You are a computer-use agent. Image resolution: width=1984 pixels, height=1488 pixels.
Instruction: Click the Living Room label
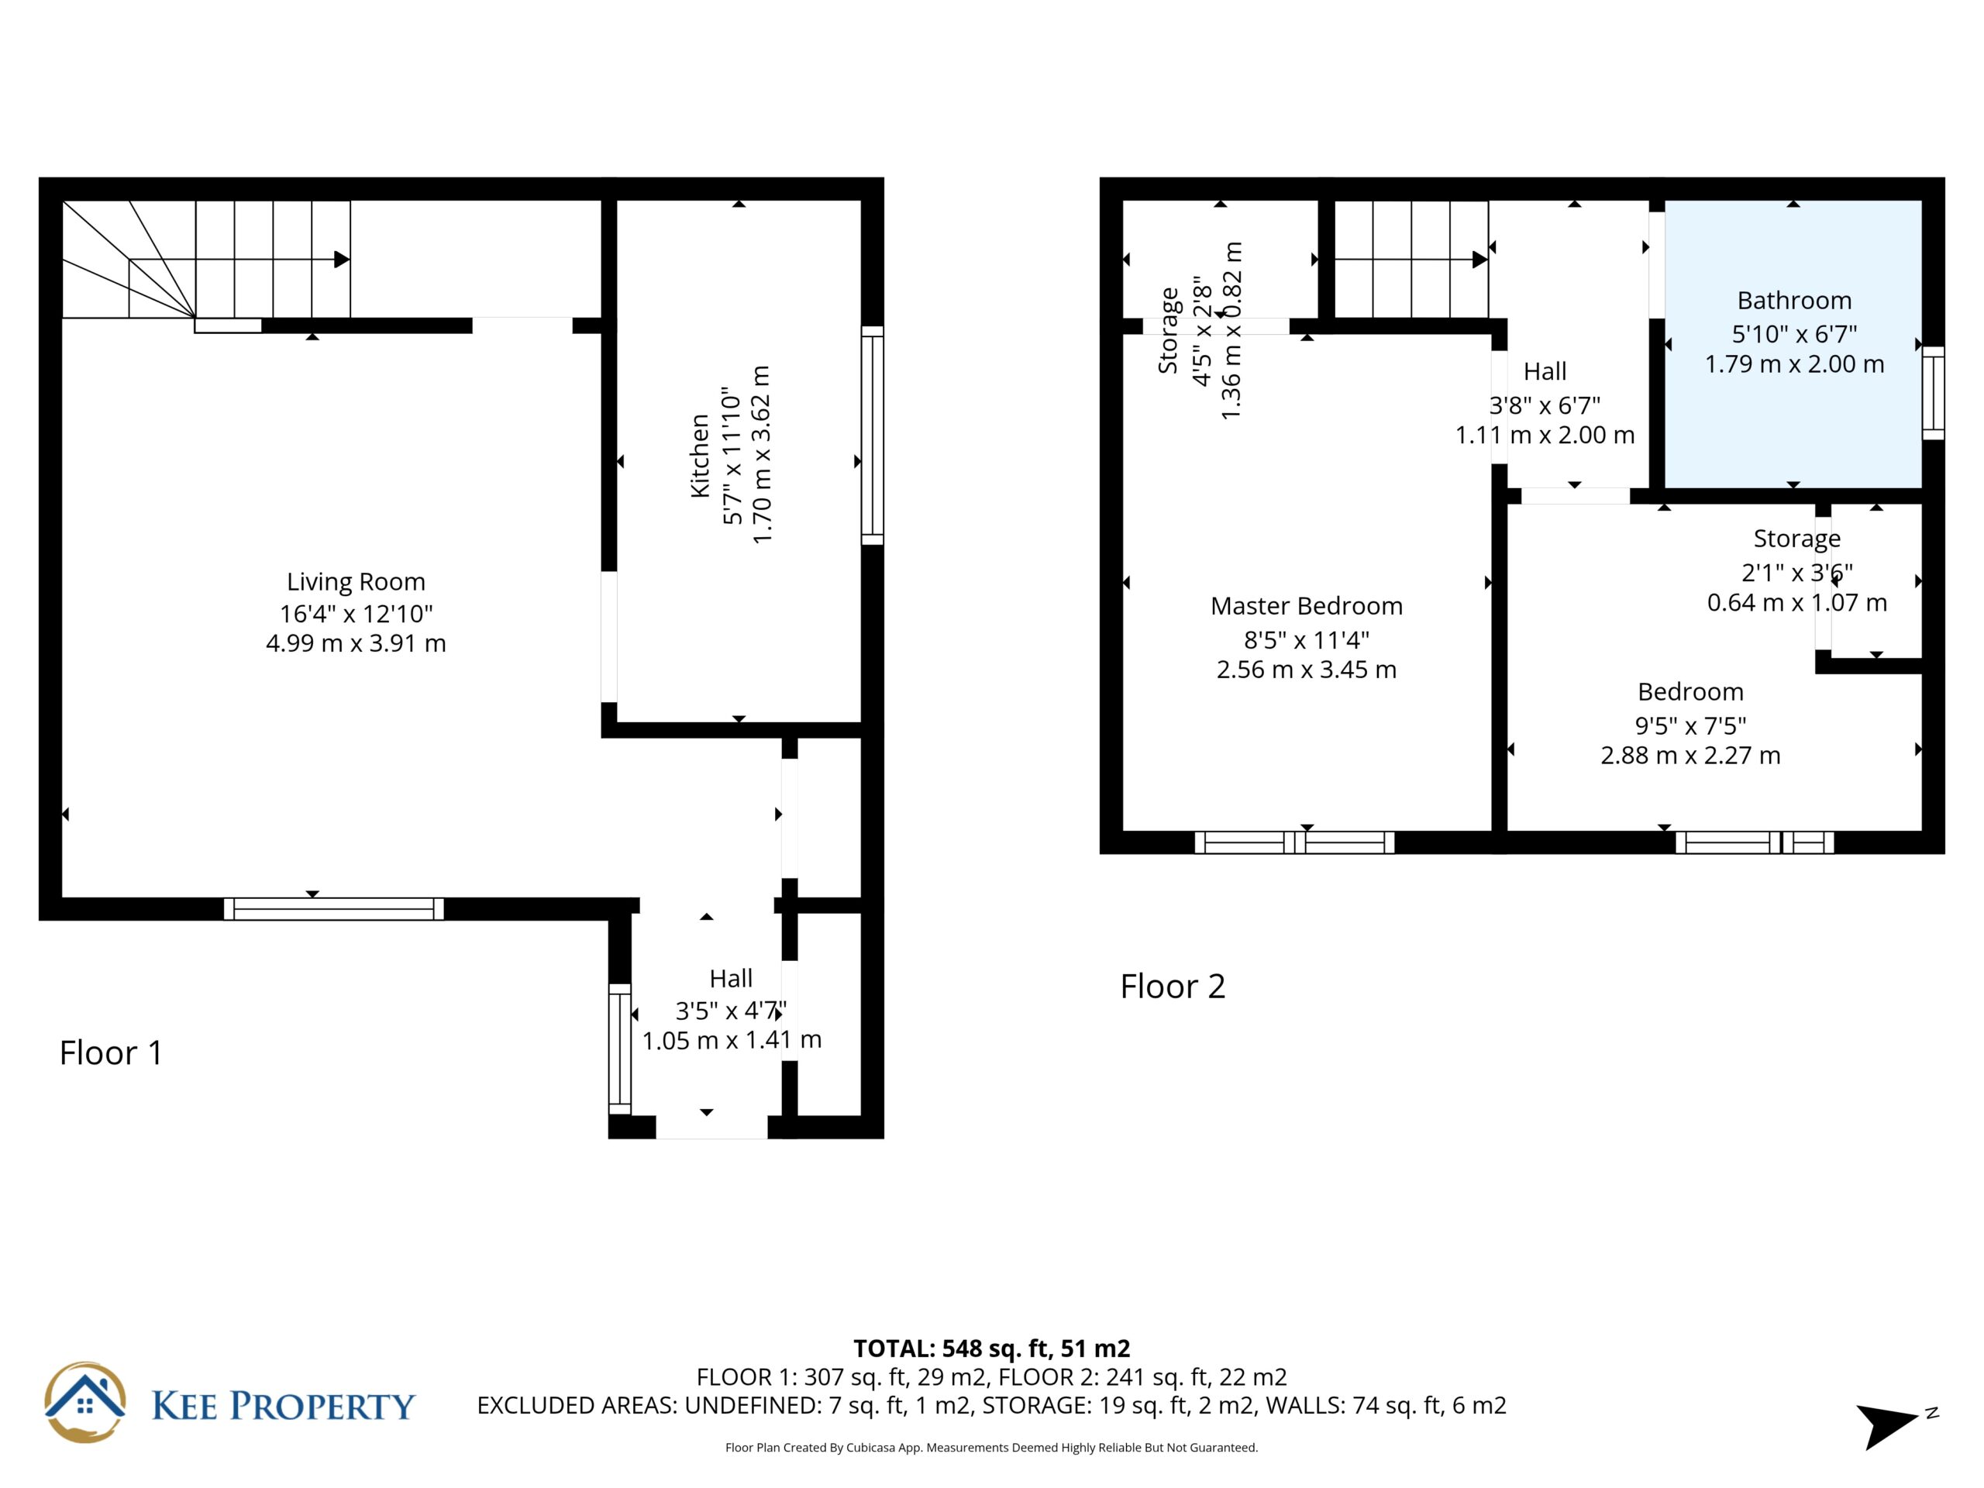[356, 582]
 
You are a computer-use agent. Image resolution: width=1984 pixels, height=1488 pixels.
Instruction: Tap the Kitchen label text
[700, 456]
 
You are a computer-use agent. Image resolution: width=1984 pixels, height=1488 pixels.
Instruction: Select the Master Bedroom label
[1307, 606]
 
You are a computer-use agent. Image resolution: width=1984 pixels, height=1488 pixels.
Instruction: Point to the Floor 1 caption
[112, 1053]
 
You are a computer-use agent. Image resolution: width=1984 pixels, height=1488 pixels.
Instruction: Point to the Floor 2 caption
[1173, 987]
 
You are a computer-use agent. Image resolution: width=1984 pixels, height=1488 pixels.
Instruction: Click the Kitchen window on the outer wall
[873, 435]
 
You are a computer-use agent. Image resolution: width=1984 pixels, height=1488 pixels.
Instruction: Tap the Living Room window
[334, 908]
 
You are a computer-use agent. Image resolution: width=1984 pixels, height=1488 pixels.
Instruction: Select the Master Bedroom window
[1294, 842]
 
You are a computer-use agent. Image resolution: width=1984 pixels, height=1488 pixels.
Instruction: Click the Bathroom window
[1933, 393]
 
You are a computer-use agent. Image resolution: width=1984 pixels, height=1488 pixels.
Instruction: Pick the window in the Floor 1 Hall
[620, 1049]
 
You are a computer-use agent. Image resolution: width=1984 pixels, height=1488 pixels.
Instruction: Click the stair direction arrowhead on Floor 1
[342, 259]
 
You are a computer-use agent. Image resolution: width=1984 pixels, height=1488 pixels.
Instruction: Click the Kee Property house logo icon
[85, 1403]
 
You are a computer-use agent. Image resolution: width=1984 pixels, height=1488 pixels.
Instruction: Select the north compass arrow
[1885, 1426]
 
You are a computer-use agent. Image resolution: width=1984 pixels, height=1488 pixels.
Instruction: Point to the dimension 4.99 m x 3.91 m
[356, 643]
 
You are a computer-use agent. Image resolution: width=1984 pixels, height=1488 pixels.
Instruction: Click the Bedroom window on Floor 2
[1755, 842]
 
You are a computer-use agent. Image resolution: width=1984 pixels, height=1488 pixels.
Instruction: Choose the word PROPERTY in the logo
[323, 1406]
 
